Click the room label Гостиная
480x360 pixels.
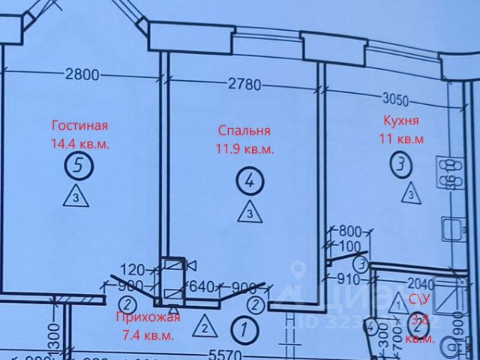80,125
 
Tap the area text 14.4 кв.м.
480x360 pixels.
80,143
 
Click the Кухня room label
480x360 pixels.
400,120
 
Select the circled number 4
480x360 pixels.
249,179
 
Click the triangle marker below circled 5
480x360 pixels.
79,198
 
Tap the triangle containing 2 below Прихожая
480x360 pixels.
203,326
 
